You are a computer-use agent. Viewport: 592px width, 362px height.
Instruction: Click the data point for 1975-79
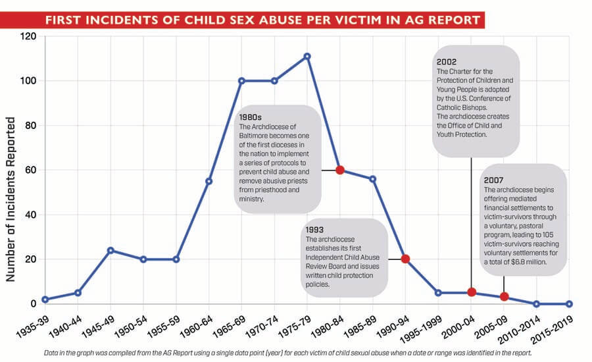[x=307, y=56]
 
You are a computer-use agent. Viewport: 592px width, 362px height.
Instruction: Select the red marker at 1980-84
[x=340, y=170]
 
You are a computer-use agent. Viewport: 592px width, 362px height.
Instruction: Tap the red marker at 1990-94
[x=405, y=259]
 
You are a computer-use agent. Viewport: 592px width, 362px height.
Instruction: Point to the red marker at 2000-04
[x=472, y=292]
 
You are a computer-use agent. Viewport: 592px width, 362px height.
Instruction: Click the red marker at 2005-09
[x=504, y=297]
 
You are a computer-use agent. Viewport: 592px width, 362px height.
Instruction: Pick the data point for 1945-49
[x=111, y=250]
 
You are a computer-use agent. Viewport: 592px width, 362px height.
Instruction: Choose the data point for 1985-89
[x=372, y=178]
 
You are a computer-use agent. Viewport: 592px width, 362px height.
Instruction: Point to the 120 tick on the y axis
[x=27, y=36]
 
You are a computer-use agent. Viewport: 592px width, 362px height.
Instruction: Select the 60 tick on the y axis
[x=30, y=170]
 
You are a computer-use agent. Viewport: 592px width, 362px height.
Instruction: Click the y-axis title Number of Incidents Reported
[x=11, y=199]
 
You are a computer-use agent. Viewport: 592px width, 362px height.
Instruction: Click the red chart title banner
[x=264, y=20]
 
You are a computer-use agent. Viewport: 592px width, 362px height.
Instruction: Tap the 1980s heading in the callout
[x=251, y=117]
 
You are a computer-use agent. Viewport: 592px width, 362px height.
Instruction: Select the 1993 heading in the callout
[x=314, y=230]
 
